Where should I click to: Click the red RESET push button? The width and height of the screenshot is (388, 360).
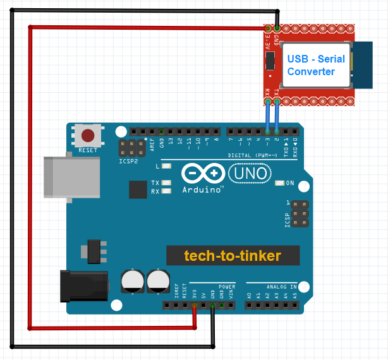[x=89, y=135]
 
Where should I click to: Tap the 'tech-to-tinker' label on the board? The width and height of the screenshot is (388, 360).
[x=233, y=256]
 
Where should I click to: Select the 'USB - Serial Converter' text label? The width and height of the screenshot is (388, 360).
[x=316, y=65]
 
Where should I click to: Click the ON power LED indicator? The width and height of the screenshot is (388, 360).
[x=280, y=183]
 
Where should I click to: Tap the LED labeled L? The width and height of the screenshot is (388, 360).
[x=167, y=167]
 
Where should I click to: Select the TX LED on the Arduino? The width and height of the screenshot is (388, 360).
[x=167, y=183]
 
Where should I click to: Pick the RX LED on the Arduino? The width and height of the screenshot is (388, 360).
[x=167, y=190]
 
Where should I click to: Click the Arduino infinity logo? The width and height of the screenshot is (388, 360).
[x=202, y=174]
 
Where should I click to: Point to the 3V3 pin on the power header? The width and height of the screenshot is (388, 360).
[x=195, y=306]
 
